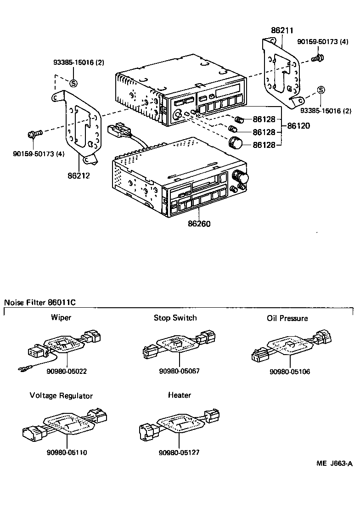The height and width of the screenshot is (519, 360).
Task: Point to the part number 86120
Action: [298, 125]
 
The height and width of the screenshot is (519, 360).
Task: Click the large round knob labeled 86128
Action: [235, 143]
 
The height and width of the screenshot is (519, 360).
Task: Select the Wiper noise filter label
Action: [61, 317]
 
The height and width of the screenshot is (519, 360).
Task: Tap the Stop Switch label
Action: [175, 317]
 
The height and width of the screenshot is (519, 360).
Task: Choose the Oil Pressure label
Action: [287, 318]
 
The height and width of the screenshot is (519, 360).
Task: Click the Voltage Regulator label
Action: [61, 395]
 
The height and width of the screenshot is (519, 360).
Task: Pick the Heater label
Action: [179, 395]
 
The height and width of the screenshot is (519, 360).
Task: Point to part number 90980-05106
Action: [290, 371]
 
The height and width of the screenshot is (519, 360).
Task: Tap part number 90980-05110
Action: [67, 452]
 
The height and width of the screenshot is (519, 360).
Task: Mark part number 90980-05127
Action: [179, 452]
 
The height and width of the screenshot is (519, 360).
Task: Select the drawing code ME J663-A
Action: [334, 463]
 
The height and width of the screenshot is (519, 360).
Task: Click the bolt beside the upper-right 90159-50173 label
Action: [317, 58]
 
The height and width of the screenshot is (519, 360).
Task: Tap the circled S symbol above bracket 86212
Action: [73, 83]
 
